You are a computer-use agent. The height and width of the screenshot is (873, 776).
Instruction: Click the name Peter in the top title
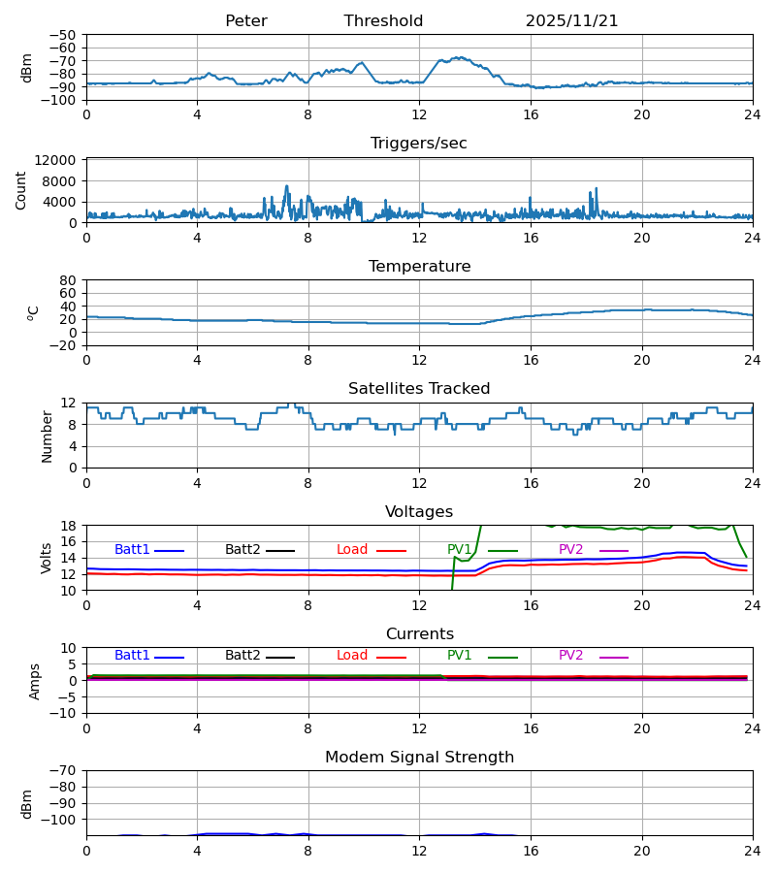tap(245, 21)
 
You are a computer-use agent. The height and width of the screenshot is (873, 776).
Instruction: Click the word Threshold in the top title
tap(383, 21)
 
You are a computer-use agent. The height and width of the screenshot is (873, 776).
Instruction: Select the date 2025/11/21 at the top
tap(571, 21)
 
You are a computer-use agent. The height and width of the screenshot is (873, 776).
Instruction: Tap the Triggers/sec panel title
tap(419, 144)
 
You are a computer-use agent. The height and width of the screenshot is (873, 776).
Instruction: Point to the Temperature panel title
tap(419, 267)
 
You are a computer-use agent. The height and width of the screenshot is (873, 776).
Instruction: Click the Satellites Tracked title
tap(419, 389)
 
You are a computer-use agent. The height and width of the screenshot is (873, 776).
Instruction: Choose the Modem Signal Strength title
tap(419, 758)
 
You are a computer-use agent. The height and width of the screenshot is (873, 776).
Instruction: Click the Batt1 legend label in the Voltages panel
tap(133, 550)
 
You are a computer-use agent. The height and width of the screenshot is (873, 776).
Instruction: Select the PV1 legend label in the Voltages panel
tap(460, 550)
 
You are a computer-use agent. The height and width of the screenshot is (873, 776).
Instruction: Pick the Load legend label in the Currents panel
tap(352, 656)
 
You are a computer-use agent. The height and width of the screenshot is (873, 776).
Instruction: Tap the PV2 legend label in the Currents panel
tap(571, 656)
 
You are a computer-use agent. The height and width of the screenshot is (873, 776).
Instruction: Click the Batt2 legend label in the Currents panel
tap(242, 656)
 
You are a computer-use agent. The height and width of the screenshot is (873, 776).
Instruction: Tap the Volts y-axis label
tap(48, 558)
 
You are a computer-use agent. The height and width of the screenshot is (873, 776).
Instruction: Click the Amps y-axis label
tap(36, 681)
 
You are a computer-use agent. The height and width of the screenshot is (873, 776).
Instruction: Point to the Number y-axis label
tap(48, 436)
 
